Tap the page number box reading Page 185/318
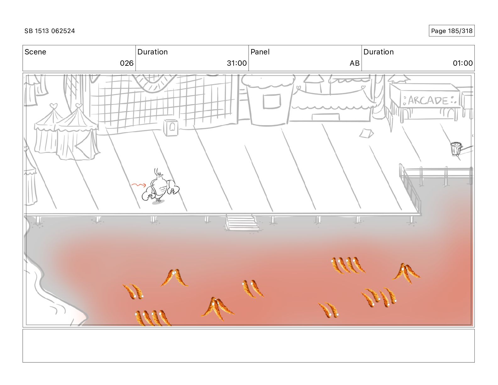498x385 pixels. [451, 31]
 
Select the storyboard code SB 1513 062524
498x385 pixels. [50, 31]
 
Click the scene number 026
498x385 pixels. [127, 63]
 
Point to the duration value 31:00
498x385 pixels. [236, 63]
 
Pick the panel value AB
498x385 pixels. [354, 63]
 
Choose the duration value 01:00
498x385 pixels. [462, 63]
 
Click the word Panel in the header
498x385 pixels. [260, 52]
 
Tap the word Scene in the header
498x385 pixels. [35, 52]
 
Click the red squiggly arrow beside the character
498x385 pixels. [138, 185]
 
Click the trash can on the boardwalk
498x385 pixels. [456, 148]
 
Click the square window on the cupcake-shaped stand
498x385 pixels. [272, 101]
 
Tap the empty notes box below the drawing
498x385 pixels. [248, 346]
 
